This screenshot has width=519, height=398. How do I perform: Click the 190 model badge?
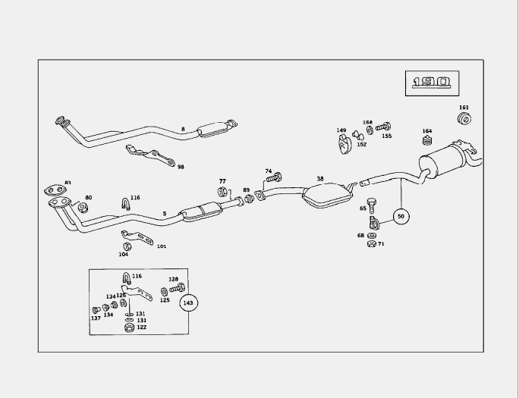(x=432, y=82)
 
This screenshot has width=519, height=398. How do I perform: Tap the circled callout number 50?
(x=401, y=217)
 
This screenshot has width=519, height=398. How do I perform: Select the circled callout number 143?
(x=189, y=302)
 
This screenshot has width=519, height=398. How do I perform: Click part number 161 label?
(x=464, y=108)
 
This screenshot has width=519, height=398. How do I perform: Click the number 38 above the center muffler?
(x=320, y=180)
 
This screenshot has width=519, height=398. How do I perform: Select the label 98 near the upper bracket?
(x=181, y=166)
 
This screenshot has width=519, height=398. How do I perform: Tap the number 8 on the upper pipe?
(x=183, y=130)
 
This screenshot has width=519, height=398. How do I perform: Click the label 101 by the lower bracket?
(x=162, y=246)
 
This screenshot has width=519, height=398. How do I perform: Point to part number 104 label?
(x=124, y=255)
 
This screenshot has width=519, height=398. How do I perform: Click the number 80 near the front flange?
(x=89, y=198)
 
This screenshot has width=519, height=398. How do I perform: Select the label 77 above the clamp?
(x=222, y=181)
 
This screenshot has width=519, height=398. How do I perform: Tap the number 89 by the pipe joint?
(x=246, y=190)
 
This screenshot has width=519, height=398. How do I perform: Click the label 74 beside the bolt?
(x=268, y=171)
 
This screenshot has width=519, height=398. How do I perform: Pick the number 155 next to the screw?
(x=387, y=136)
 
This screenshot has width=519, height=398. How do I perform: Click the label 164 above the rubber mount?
(x=427, y=130)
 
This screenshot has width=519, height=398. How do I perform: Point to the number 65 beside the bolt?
(x=363, y=208)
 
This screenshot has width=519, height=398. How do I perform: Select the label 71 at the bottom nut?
(x=381, y=244)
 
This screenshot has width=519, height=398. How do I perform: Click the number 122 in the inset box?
(x=141, y=327)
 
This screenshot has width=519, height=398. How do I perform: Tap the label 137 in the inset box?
(x=96, y=318)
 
